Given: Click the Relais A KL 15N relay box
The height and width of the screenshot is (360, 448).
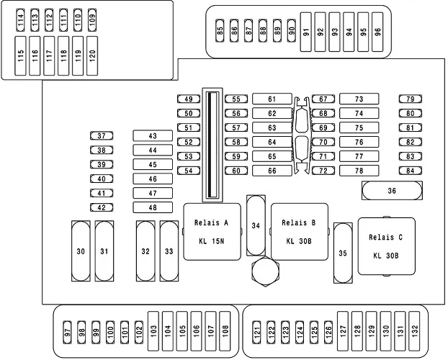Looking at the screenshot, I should pos(212,232).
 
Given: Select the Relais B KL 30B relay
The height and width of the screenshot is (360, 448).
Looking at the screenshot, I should pos(299,232).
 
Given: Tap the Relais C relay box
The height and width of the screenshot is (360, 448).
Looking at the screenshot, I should pos(386,246).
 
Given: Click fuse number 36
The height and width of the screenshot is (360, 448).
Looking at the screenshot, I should pos(392,191).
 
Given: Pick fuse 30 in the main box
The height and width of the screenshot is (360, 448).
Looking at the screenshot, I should pos(81,251).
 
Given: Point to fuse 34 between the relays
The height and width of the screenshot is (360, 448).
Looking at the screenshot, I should pos(256,225).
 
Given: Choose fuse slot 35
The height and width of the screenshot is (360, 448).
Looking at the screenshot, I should pos(343,253).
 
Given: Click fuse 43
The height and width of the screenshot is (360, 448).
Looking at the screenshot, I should pos(153,135).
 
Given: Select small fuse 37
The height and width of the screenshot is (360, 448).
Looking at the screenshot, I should pos(102,135).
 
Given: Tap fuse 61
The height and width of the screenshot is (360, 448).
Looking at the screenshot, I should pos(272,99).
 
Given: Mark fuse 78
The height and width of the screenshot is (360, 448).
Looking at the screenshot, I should pos(359,171).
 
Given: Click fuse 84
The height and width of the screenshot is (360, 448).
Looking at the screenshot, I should pos(411,171).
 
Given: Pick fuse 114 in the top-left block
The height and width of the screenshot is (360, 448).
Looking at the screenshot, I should pos(21,19).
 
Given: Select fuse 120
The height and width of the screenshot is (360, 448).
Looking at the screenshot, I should pos(91,55).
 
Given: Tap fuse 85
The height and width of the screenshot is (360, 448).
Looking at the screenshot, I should pos(220,31).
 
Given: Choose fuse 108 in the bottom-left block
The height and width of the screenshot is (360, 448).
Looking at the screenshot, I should pos(225,330).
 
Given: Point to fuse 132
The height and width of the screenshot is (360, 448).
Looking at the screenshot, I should pos(414,330).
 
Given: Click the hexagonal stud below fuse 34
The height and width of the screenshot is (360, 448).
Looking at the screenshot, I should pos(264,271).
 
